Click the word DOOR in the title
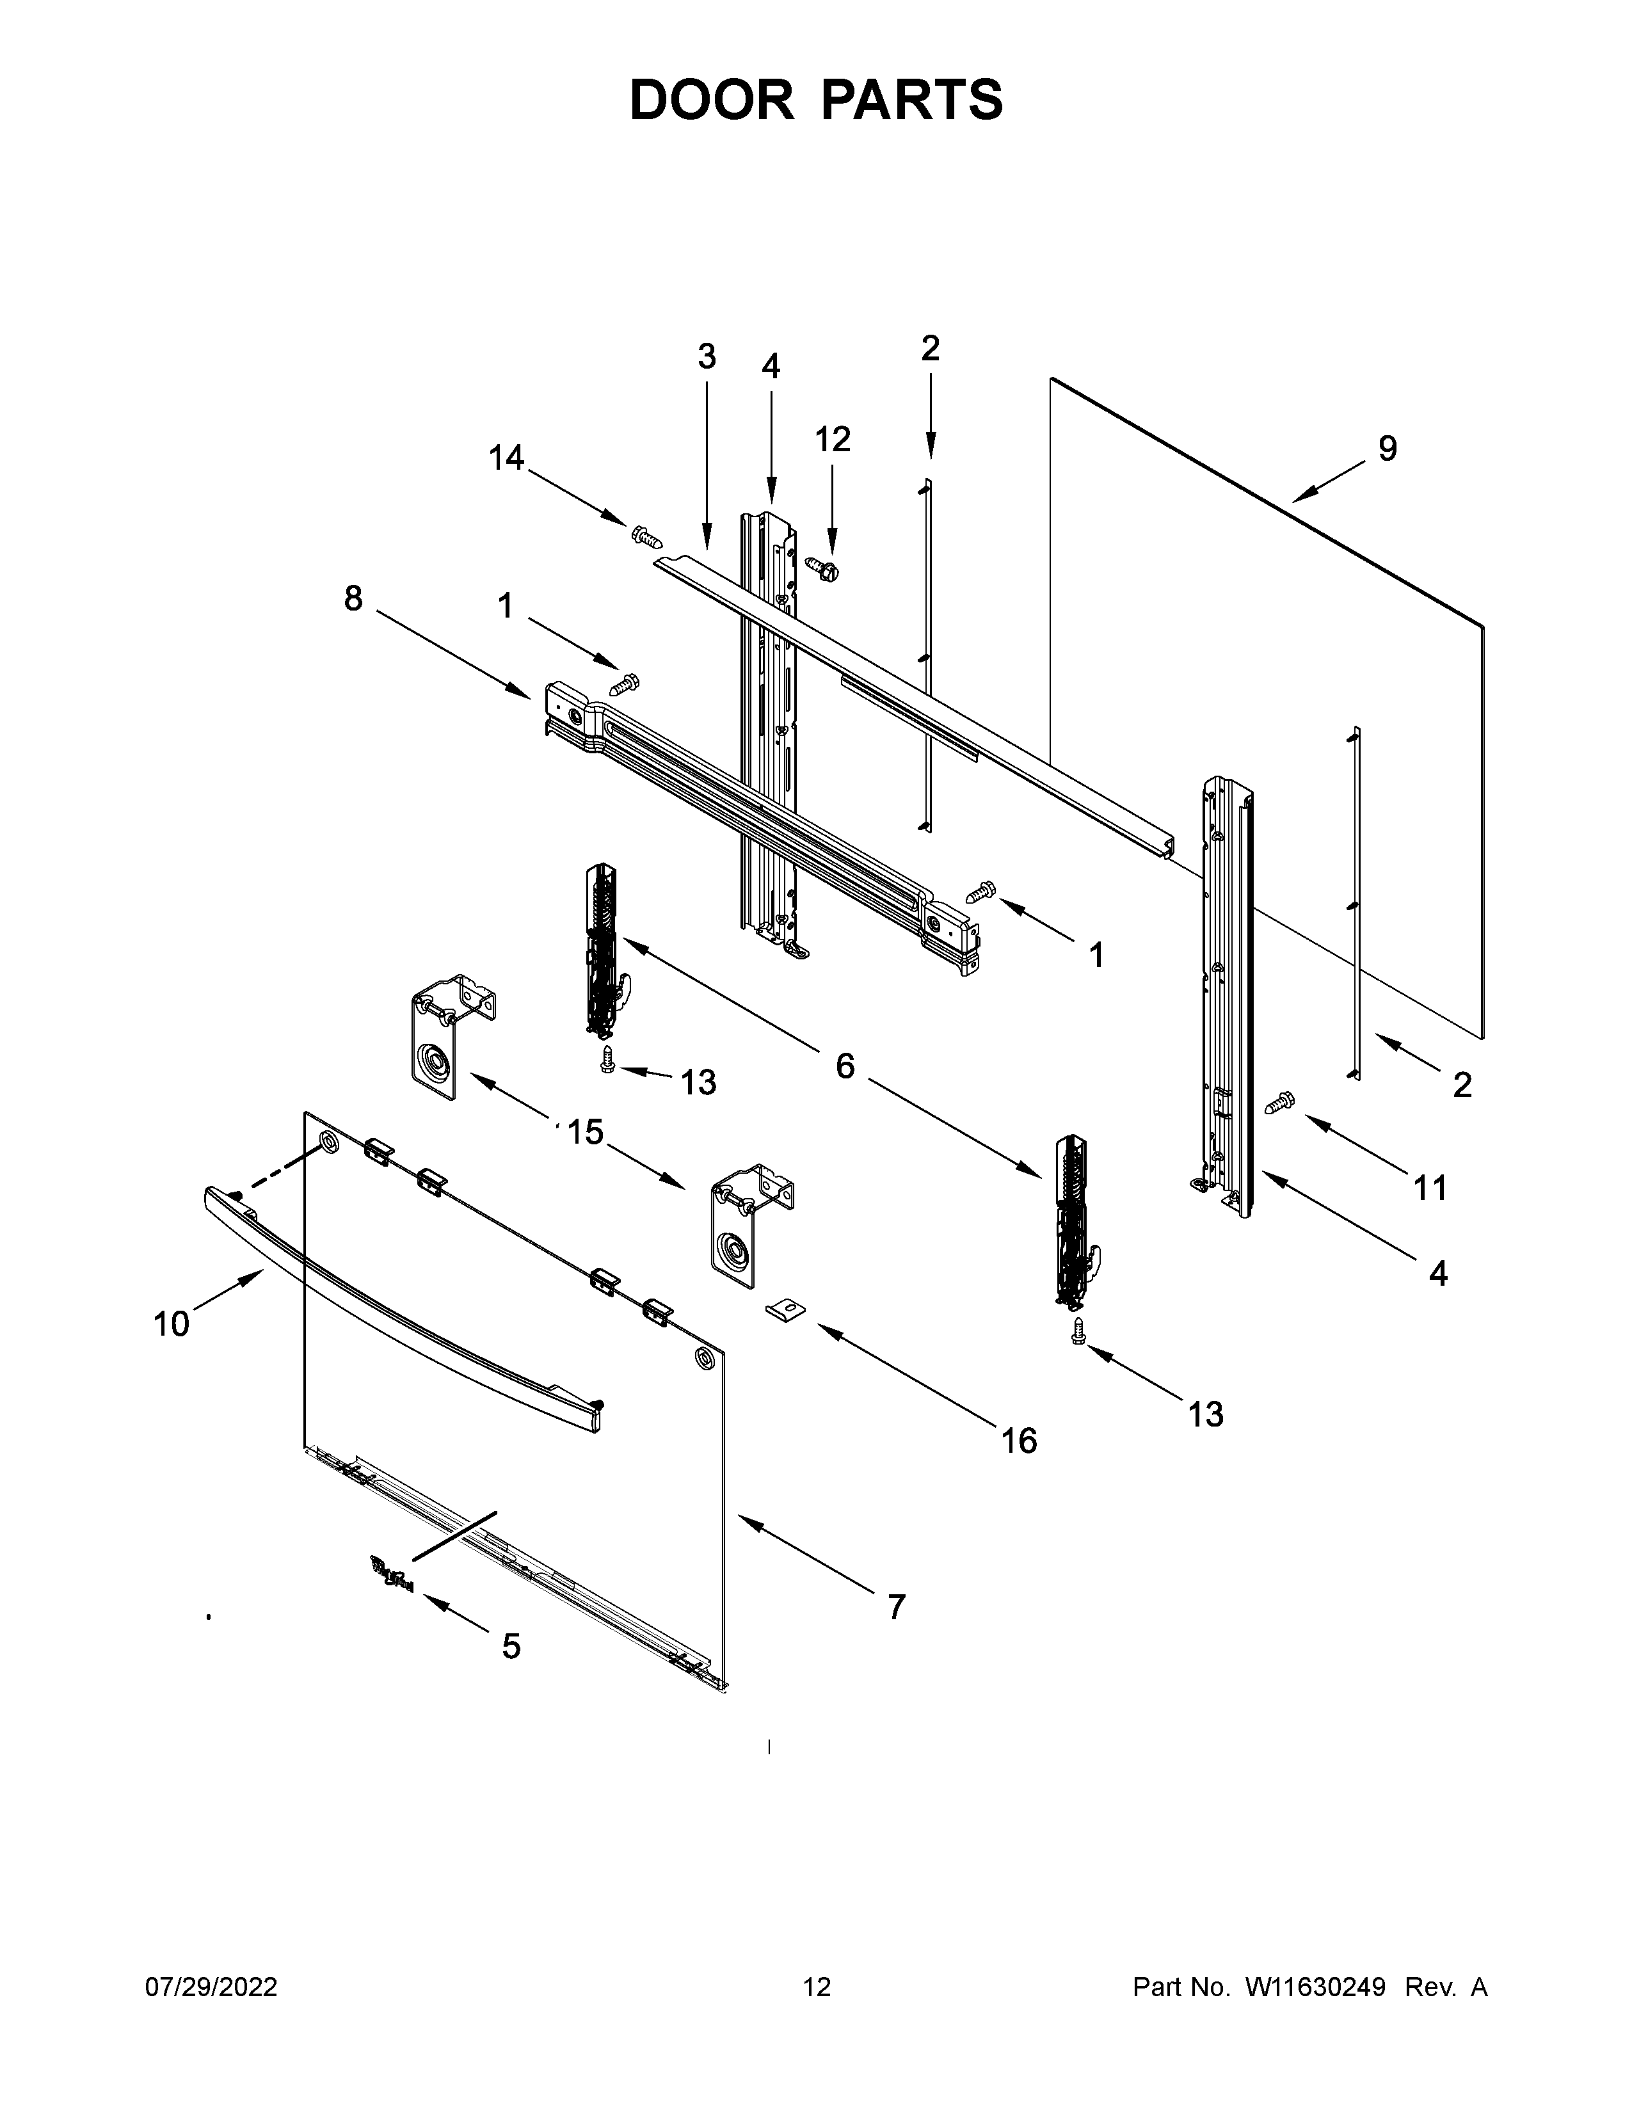pos(710,100)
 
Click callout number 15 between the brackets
pos(585,1132)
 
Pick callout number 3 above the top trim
pos(707,357)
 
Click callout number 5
pos(511,1646)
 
